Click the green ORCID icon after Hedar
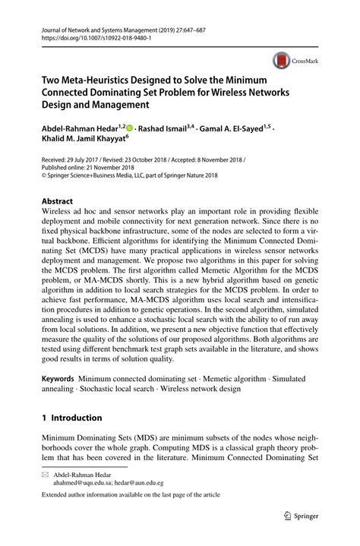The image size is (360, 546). [x=129, y=128]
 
